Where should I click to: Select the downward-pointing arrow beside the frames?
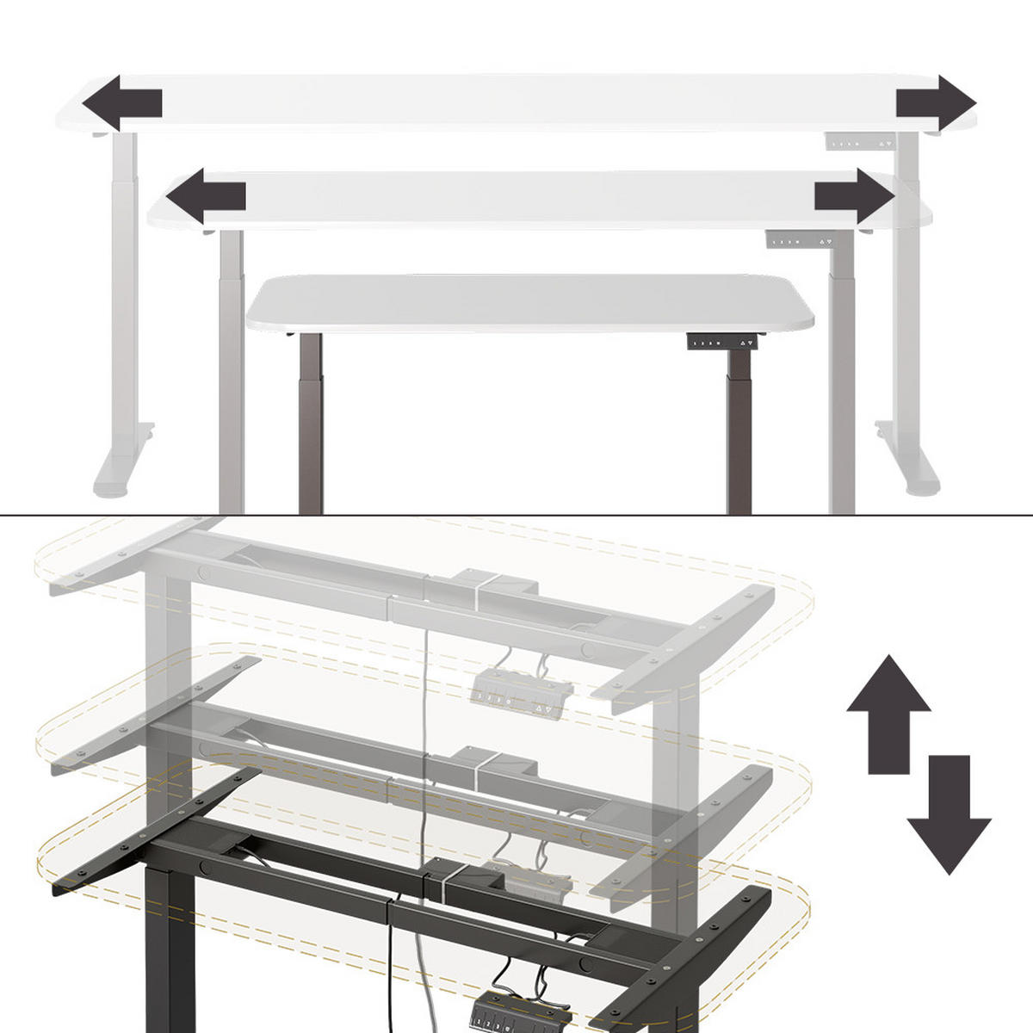tap(949, 813)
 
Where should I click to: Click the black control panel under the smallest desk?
tap(725, 342)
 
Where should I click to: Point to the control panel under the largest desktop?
tap(860, 143)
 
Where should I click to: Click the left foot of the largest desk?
tap(123, 465)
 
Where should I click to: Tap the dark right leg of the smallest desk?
tap(739, 439)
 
